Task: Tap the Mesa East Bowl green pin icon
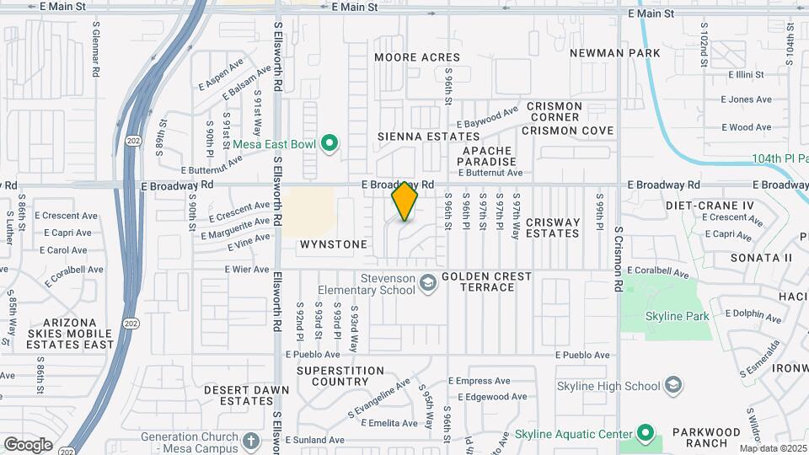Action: [329, 144]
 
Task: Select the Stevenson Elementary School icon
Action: [428, 282]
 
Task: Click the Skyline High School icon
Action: [672, 386]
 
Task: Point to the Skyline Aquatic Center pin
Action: [646, 434]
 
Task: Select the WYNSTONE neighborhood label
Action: [334, 244]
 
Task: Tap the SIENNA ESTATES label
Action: [428, 136]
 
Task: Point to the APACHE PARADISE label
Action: [488, 156]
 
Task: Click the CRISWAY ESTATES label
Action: [553, 228]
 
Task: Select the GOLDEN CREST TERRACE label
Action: [487, 281]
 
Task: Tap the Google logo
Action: [28, 444]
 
